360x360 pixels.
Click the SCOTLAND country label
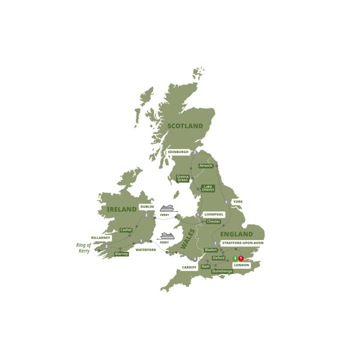(x=185, y=126)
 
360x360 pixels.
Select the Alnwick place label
(x=206, y=166)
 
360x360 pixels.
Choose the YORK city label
(x=238, y=202)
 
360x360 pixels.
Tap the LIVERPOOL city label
(x=214, y=214)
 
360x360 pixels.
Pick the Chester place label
(x=213, y=221)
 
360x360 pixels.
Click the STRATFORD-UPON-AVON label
(x=242, y=243)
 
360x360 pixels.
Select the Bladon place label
(x=211, y=250)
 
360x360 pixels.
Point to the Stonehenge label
(x=222, y=271)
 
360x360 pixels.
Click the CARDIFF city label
(x=189, y=267)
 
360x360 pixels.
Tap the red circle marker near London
(x=241, y=258)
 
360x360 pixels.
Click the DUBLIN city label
(x=147, y=206)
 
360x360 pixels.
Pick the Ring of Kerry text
(x=83, y=248)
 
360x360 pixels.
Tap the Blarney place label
(x=122, y=254)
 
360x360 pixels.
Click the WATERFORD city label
(x=146, y=250)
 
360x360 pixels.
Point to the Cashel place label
(x=126, y=230)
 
